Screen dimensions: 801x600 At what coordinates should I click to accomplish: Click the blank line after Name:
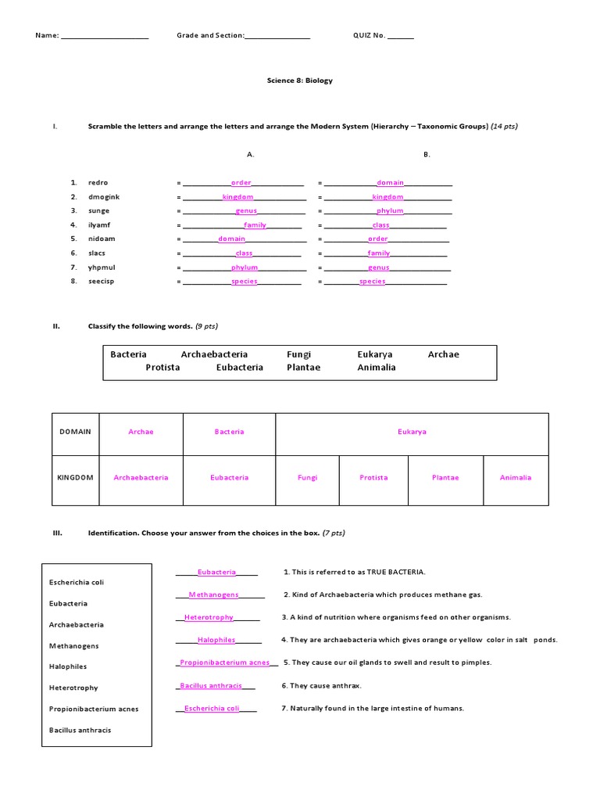click(x=105, y=37)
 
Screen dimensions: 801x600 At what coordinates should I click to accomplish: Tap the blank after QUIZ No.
click(x=401, y=37)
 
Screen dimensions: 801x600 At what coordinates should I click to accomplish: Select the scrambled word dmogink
click(x=104, y=197)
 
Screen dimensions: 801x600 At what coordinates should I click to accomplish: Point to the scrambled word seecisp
click(x=102, y=282)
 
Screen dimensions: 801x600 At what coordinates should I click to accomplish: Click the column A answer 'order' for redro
click(x=241, y=183)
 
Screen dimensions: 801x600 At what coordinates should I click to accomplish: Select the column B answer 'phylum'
click(x=390, y=211)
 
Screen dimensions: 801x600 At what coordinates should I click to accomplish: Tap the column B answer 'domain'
click(x=390, y=183)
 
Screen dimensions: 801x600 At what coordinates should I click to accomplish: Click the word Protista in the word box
click(x=162, y=368)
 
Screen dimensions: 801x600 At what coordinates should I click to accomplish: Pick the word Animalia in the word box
click(x=377, y=368)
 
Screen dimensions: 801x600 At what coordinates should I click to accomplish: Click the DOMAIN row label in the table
click(x=76, y=432)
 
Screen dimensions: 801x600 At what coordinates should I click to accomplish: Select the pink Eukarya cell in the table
click(x=412, y=432)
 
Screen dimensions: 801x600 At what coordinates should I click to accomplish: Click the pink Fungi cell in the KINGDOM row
click(x=307, y=478)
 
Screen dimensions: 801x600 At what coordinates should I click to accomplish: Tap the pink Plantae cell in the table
click(x=445, y=478)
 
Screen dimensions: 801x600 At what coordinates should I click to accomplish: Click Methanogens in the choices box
click(x=74, y=646)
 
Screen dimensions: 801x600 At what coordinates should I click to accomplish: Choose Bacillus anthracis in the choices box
click(x=80, y=731)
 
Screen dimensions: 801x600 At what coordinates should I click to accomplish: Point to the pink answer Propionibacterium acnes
click(x=224, y=663)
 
